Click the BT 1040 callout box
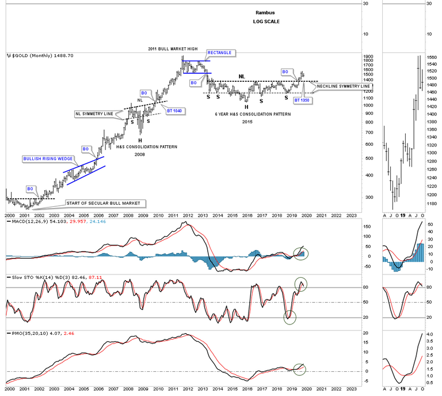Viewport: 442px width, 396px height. tap(174, 111)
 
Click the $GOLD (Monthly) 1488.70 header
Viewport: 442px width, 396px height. tap(35, 56)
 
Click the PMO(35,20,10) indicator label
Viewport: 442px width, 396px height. tap(26, 334)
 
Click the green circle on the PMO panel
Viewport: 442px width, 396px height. tap(299, 368)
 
